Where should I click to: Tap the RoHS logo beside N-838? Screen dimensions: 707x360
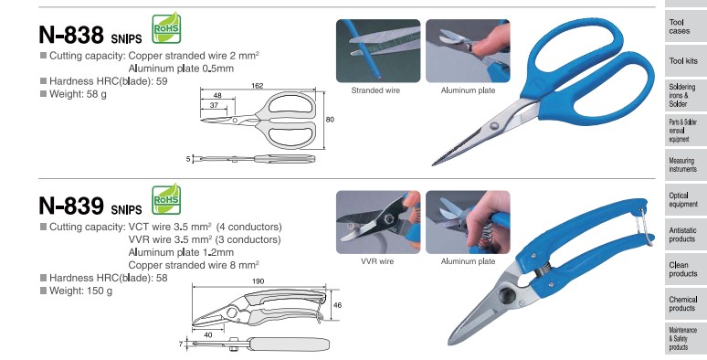point(166,28)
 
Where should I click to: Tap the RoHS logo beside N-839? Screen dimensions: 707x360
point(166,199)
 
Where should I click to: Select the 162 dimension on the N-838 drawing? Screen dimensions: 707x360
point(257,86)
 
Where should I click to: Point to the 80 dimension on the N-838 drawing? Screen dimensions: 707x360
point(330,120)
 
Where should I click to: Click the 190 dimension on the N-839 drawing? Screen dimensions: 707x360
point(258,281)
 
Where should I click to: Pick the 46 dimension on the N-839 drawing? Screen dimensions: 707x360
point(337,305)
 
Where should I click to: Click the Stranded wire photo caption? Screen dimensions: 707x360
point(375,90)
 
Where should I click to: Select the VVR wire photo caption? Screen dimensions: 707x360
point(377,261)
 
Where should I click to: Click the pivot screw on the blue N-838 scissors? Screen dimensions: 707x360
point(495,126)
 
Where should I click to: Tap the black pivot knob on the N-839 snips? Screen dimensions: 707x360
point(507,296)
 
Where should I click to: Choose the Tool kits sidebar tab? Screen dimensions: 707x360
point(683,61)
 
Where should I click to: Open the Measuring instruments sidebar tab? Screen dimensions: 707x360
point(683,164)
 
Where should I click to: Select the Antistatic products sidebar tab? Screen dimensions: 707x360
point(683,235)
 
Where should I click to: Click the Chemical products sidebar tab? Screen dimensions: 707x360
point(683,303)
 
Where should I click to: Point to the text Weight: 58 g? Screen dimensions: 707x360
point(78,94)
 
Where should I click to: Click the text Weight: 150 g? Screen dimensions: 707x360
point(80,291)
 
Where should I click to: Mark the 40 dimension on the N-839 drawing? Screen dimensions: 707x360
point(208,334)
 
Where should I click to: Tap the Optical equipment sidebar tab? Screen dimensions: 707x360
point(683,199)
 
